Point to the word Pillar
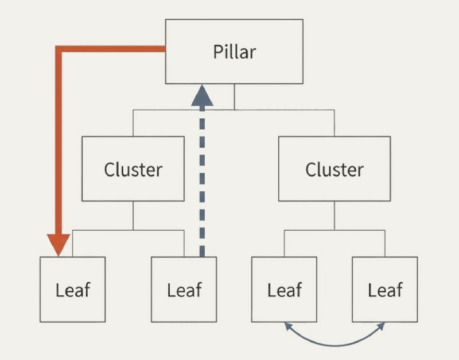(234, 52)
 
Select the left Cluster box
(133, 168)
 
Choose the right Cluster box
(334, 168)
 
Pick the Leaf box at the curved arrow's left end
(284, 289)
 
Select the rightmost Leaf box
(384, 289)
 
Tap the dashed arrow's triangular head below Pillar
(202, 96)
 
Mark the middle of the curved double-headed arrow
(335, 345)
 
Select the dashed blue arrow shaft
(202, 184)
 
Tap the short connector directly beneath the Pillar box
(234, 96)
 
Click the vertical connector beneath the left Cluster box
(133, 215)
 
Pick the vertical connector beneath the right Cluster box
(334, 215)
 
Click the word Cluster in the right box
(334, 170)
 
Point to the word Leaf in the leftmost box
(73, 290)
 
